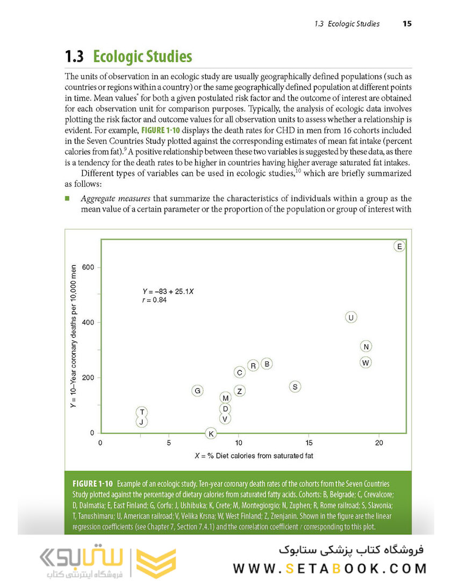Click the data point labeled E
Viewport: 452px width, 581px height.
coord(399,246)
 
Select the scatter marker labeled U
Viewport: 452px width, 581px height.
coord(351,317)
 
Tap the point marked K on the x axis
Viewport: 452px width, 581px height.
coord(211,434)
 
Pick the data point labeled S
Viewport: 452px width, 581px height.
coord(295,386)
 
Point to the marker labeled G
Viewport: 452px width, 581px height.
coord(198,391)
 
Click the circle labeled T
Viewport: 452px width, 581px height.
coord(141,412)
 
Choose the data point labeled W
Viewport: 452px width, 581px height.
coord(365,363)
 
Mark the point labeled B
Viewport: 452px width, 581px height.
coord(266,364)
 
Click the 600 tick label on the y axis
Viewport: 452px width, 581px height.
coord(88,267)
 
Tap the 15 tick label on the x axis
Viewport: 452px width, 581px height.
coord(308,443)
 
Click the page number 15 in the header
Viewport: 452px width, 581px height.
coord(407,24)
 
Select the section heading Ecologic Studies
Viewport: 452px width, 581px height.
coord(142,56)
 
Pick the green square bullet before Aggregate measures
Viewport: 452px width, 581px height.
coord(68,199)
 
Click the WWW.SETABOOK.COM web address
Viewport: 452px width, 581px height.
coord(330,568)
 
